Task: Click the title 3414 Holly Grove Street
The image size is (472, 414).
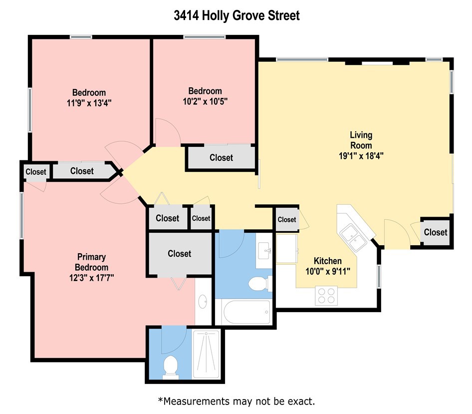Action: click(236, 15)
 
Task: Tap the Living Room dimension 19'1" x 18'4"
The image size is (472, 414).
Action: click(361, 155)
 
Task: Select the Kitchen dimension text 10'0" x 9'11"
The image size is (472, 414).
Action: click(328, 271)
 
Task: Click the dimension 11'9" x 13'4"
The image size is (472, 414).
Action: click(89, 103)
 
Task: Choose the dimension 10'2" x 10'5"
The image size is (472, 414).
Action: click(205, 101)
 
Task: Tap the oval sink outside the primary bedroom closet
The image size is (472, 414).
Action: click(203, 302)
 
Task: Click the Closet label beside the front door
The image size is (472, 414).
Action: click(436, 232)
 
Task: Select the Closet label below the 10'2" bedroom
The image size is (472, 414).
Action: click(221, 158)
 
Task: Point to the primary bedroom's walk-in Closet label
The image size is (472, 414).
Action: click(179, 254)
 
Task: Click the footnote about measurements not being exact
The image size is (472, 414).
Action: click(236, 401)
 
